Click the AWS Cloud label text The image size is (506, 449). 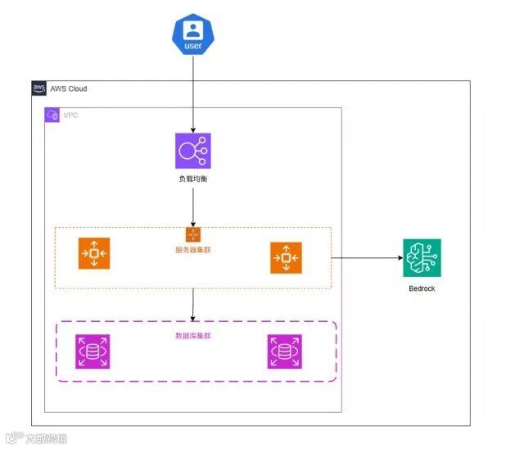tap(68, 88)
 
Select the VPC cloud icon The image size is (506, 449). tap(52, 115)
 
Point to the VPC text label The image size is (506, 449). tap(71, 116)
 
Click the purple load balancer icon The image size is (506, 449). tap(193, 151)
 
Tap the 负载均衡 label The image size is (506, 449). tap(193, 178)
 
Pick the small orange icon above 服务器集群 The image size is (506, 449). tap(193, 234)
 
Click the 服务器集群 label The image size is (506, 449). tap(193, 248)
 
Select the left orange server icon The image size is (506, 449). tap(94, 253)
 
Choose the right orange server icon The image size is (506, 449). tap(286, 257)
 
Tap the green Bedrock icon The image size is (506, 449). tap(422, 257)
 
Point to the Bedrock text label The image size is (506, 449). tap(422, 288)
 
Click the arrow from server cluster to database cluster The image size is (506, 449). tap(193, 304)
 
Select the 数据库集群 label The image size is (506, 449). tap(193, 336)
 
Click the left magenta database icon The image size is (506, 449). tap(93, 351)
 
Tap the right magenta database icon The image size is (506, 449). tap(284, 351)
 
